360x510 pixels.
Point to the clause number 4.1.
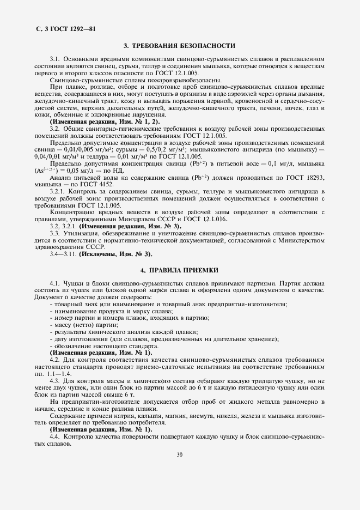point(54,284)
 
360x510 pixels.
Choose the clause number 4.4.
point(54,438)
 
